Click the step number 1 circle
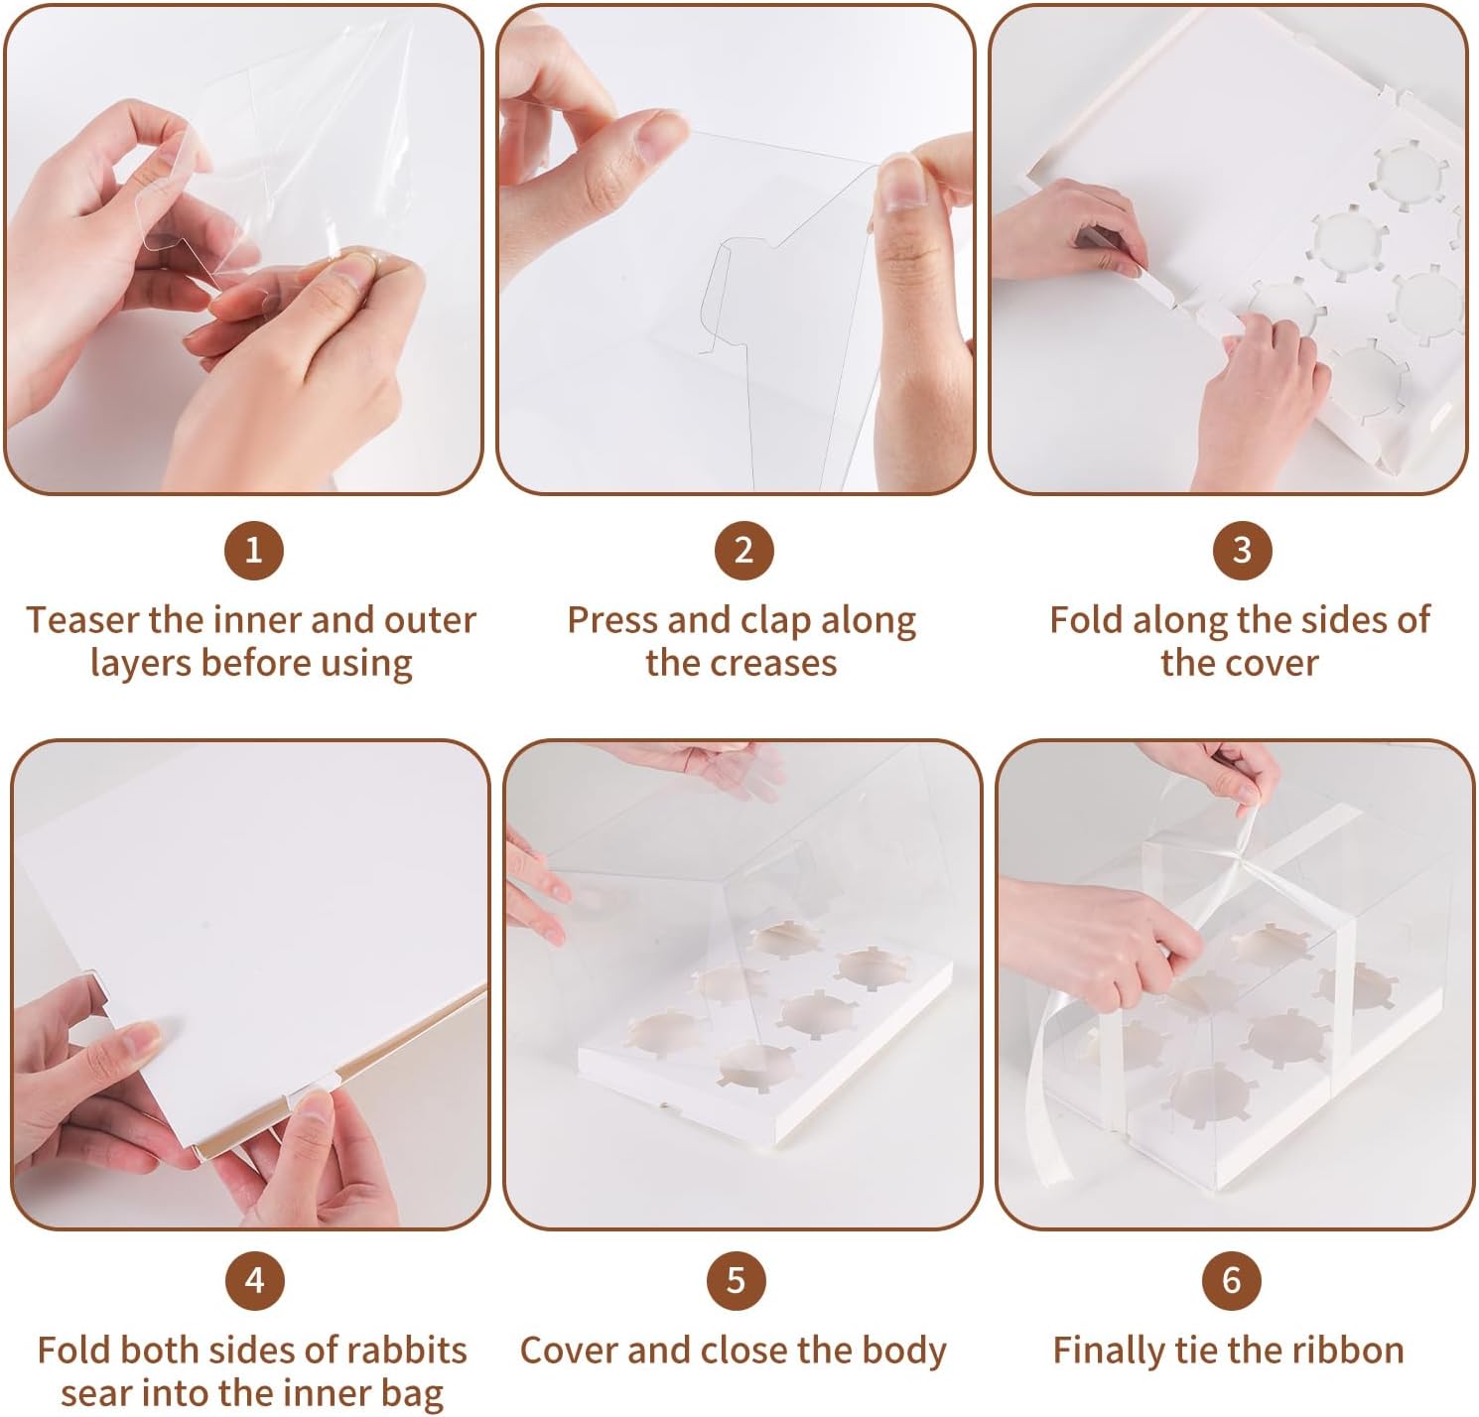pyautogui.click(x=253, y=549)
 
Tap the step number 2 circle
pyautogui.click(x=743, y=549)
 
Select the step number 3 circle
pyautogui.click(x=1242, y=549)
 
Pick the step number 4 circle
pyautogui.click(x=254, y=1279)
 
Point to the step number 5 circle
pyautogui.click(x=736, y=1279)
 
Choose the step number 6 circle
pyautogui.click(x=1232, y=1279)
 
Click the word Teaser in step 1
pyautogui.click(x=82, y=620)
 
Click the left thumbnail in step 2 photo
pyautogui.click(x=659, y=135)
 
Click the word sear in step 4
pyautogui.click(x=93, y=1393)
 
